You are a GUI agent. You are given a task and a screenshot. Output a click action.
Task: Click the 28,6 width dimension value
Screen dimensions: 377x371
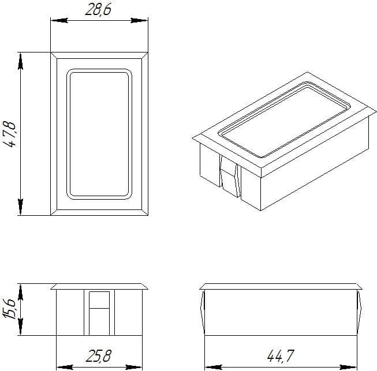pyautogui.click(x=98, y=10)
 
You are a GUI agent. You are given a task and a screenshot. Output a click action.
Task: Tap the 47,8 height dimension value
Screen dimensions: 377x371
pyautogui.click(x=10, y=134)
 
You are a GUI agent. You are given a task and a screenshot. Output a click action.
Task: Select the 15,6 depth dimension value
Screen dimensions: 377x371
pyautogui.click(x=9, y=309)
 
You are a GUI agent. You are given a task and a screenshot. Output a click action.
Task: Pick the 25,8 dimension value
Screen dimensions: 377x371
pyautogui.click(x=98, y=356)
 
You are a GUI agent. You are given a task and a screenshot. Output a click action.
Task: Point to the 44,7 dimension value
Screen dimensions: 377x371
pyautogui.click(x=281, y=356)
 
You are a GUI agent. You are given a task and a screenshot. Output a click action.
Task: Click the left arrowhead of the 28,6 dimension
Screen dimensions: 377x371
pyautogui.click(x=59, y=20)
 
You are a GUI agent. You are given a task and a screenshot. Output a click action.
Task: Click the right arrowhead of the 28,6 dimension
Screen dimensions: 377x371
pyautogui.click(x=139, y=20)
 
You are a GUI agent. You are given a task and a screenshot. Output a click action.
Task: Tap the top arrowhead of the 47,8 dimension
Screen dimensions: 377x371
pyautogui.click(x=20, y=62)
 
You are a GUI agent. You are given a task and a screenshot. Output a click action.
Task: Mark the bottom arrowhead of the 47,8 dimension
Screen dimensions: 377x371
pyautogui.click(x=20, y=207)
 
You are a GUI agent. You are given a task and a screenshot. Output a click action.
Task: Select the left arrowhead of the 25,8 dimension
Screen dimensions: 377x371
pyautogui.click(x=65, y=367)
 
